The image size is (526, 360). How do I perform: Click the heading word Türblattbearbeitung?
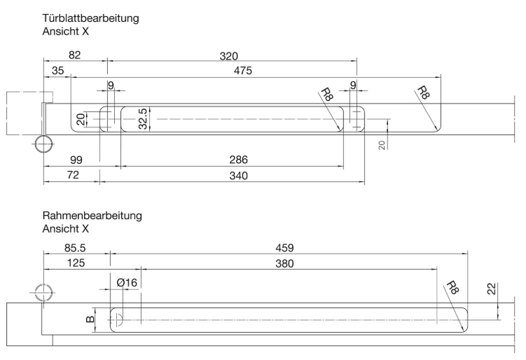click(90, 18)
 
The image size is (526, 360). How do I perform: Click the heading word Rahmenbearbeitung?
click(92, 216)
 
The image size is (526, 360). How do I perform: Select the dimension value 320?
click(229, 56)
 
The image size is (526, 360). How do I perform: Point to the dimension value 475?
click(243, 71)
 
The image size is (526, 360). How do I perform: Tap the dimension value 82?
click(74, 55)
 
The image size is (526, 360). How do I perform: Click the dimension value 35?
click(57, 71)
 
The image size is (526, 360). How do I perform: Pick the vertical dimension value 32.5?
click(143, 119)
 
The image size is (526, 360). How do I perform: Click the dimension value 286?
click(239, 160)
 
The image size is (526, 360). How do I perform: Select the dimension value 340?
click(239, 176)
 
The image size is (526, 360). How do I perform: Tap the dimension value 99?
click(76, 160)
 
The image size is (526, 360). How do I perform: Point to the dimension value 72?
click(73, 175)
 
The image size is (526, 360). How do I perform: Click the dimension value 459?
click(284, 248)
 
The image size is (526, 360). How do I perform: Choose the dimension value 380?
click(284, 263)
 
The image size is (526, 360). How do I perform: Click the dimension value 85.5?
click(75, 248)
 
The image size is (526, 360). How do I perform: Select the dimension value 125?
click(76, 263)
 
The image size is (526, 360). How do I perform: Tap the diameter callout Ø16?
click(127, 282)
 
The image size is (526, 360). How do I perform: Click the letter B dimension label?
click(90, 319)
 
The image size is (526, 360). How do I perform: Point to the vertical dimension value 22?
click(492, 289)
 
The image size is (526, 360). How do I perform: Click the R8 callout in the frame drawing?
click(452, 288)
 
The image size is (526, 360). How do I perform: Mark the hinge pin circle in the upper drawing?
click(44, 144)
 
